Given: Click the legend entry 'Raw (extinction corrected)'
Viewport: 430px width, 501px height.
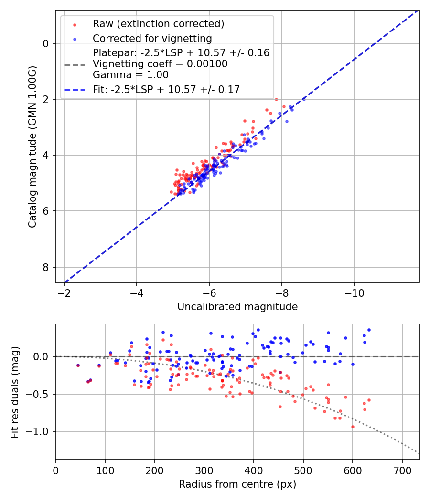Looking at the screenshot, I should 158,24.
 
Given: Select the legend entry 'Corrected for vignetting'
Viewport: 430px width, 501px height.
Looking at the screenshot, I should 152,38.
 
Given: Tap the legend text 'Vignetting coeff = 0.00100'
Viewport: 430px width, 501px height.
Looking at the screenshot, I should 160,63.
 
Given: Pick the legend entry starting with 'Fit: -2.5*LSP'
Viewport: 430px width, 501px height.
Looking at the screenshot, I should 166,89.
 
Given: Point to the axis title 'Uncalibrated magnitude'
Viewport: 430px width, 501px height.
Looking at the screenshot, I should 237,307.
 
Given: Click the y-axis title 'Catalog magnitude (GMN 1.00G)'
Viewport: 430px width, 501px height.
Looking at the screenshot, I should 32,147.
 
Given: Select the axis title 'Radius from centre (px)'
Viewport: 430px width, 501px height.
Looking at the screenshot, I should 237,484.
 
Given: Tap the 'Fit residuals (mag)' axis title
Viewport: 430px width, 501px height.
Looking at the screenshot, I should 15,392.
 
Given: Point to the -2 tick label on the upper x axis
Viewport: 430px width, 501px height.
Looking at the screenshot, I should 64,292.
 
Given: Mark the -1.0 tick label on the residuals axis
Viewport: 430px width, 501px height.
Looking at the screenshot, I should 40,431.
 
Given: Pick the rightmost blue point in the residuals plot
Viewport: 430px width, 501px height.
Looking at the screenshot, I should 369,330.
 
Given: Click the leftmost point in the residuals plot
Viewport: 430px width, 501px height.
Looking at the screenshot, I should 78,365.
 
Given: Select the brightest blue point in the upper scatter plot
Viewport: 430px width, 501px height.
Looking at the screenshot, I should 303,99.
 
